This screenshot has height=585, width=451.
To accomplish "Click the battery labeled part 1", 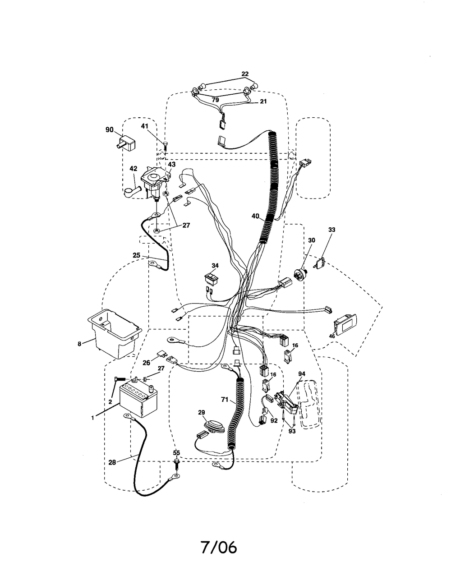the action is click(138, 401).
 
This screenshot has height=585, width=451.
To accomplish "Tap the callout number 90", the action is click(109, 130).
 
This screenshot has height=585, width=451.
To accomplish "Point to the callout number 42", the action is click(133, 169).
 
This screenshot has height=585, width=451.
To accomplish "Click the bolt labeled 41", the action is click(165, 146).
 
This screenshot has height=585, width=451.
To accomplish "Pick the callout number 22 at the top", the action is click(245, 74).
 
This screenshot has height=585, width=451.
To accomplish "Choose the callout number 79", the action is click(215, 100).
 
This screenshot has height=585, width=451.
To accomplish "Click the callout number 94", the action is click(302, 373).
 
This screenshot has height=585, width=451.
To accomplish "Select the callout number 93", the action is click(292, 431).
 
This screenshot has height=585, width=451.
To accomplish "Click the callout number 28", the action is click(112, 462).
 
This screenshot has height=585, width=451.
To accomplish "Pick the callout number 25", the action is click(137, 255).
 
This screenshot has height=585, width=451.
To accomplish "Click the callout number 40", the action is click(255, 216).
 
